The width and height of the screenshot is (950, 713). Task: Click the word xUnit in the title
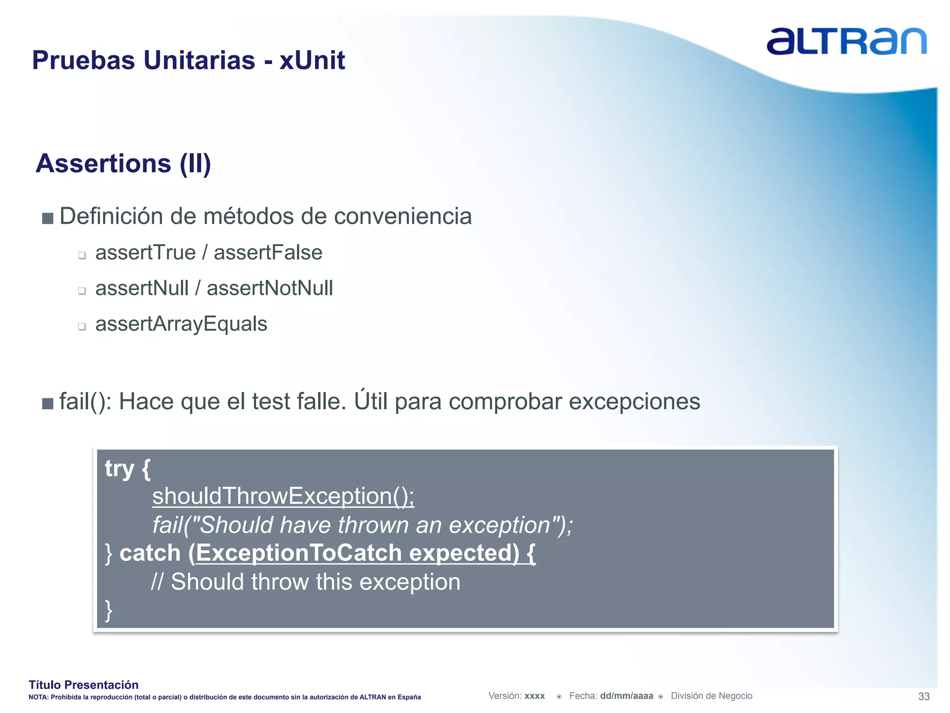point(312,60)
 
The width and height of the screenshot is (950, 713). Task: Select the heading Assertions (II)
point(123,163)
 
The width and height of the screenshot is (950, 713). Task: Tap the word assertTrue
point(145,253)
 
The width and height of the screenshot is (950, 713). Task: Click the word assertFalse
point(268,253)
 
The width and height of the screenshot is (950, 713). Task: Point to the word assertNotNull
point(270,288)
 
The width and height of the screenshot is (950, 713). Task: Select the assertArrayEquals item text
point(181,324)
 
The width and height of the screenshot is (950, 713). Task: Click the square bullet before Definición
point(47,218)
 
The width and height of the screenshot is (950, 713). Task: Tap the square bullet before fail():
point(47,403)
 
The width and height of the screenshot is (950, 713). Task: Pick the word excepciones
point(634,402)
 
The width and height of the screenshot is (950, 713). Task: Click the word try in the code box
point(119,469)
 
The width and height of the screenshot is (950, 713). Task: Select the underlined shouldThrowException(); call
point(283,496)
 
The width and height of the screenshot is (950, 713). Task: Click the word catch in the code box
point(150,553)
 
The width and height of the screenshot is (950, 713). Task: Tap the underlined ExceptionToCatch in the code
point(299,553)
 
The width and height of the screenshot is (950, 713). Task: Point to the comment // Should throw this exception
point(306,582)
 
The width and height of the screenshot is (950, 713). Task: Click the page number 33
point(924,696)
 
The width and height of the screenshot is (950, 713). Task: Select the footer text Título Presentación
point(83,685)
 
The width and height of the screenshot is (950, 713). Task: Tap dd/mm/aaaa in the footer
point(626,696)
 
